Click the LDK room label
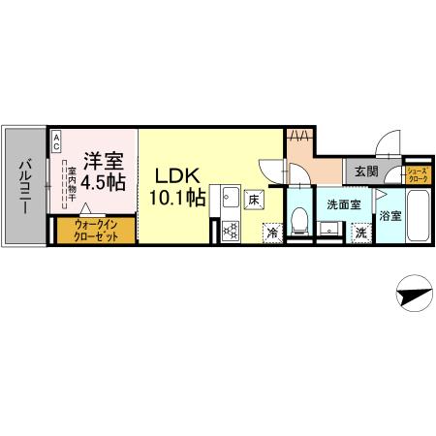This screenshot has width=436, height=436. pos(178,177)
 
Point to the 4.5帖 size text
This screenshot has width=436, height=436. pos(100,181)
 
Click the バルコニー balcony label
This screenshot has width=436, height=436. pos(24,185)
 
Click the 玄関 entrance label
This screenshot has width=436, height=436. pos(366,171)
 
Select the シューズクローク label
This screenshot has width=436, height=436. pos(419,175)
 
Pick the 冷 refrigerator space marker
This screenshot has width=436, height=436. pos(272,233)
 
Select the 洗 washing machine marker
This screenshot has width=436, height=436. pos(360,233)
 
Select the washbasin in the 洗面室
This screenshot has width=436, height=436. pos(331,230)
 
